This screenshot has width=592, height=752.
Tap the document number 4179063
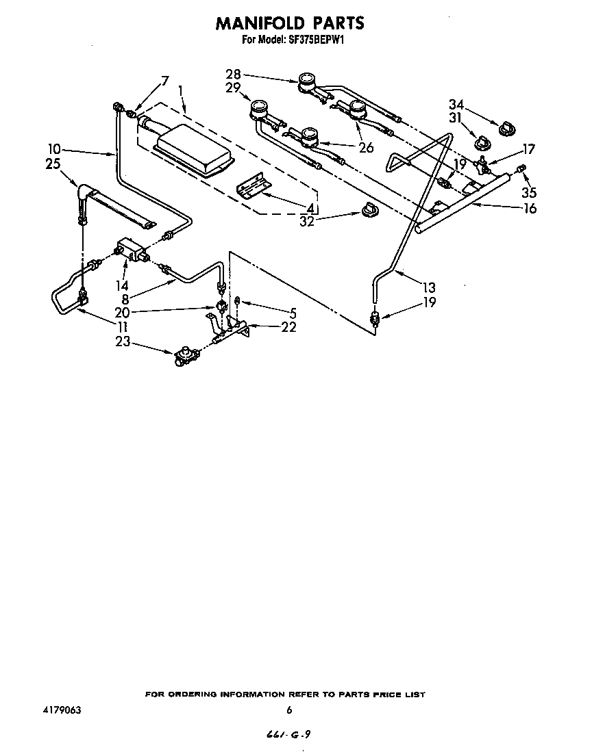(61, 710)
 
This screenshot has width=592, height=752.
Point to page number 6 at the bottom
(290, 710)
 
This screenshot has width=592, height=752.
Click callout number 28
(234, 74)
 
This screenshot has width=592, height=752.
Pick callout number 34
(457, 105)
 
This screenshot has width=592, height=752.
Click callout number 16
(529, 209)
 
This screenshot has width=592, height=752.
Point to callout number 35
(528, 193)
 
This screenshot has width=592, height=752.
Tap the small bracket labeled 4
(251, 183)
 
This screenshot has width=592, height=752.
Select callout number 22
(288, 327)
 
